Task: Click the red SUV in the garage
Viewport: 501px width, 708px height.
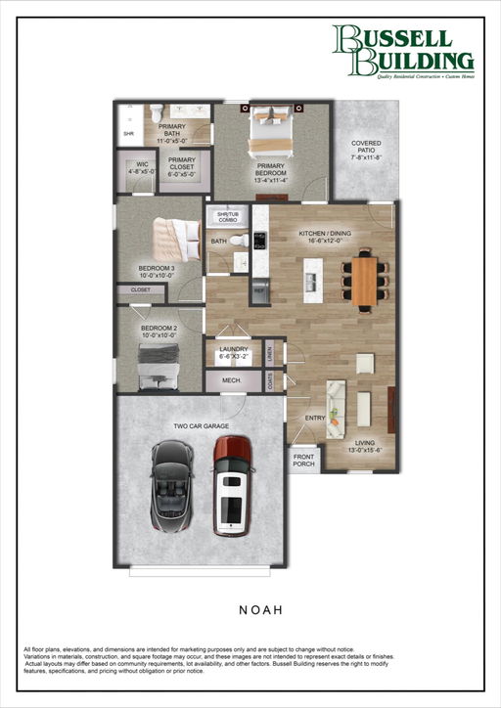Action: pyautogui.click(x=232, y=485)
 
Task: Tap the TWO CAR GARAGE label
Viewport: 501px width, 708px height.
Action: pyautogui.click(x=201, y=426)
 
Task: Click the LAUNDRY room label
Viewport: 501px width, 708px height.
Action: pyautogui.click(x=234, y=353)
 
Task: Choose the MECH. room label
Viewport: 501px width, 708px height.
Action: pyautogui.click(x=232, y=379)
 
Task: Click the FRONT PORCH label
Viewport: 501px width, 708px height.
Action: pyautogui.click(x=305, y=459)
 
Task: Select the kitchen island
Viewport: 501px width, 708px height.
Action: pyautogui.click(x=312, y=281)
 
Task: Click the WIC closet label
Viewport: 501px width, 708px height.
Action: pyautogui.click(x=142, y=167)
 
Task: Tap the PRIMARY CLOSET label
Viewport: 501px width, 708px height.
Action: pyautogui.click(x=181, y=166)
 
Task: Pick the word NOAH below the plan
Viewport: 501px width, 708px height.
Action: pyautogui.click(x=260, y=609)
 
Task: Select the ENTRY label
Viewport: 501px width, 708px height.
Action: pyautogui.click(x=315, y=418)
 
